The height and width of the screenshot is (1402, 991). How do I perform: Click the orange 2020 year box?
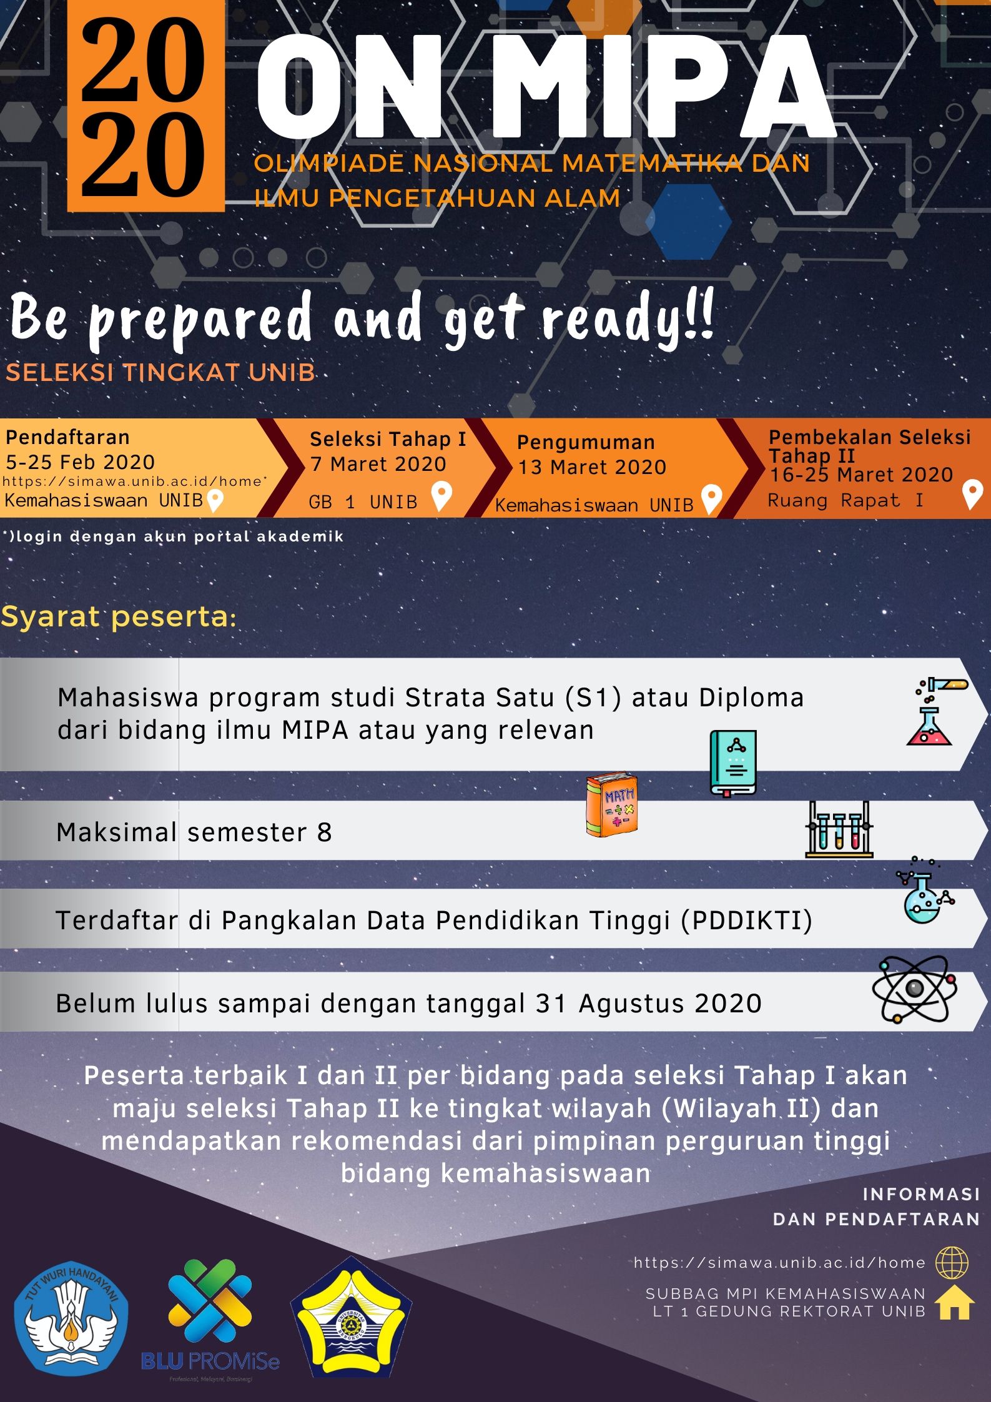[146, 106]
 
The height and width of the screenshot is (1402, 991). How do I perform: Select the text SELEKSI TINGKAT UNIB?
[160, 372]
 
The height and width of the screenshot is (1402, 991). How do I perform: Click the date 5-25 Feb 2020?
[80, 462]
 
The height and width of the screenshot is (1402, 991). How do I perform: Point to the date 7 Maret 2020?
[378, 464]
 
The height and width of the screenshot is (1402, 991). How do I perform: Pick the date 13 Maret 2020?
[592, 467]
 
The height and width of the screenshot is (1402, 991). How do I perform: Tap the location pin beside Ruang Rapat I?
[972, 494]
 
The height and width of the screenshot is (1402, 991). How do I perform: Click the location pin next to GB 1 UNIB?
[441, 496]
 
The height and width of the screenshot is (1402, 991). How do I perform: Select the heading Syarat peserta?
[119, 617]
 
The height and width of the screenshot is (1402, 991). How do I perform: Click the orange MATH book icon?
[611, 806]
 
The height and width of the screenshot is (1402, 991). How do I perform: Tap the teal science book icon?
[733, 763]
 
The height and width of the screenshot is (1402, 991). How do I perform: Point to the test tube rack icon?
[839, 829]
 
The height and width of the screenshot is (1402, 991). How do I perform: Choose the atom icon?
[914, 989]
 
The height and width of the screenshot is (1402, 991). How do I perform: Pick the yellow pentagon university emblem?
[351, 1318]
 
